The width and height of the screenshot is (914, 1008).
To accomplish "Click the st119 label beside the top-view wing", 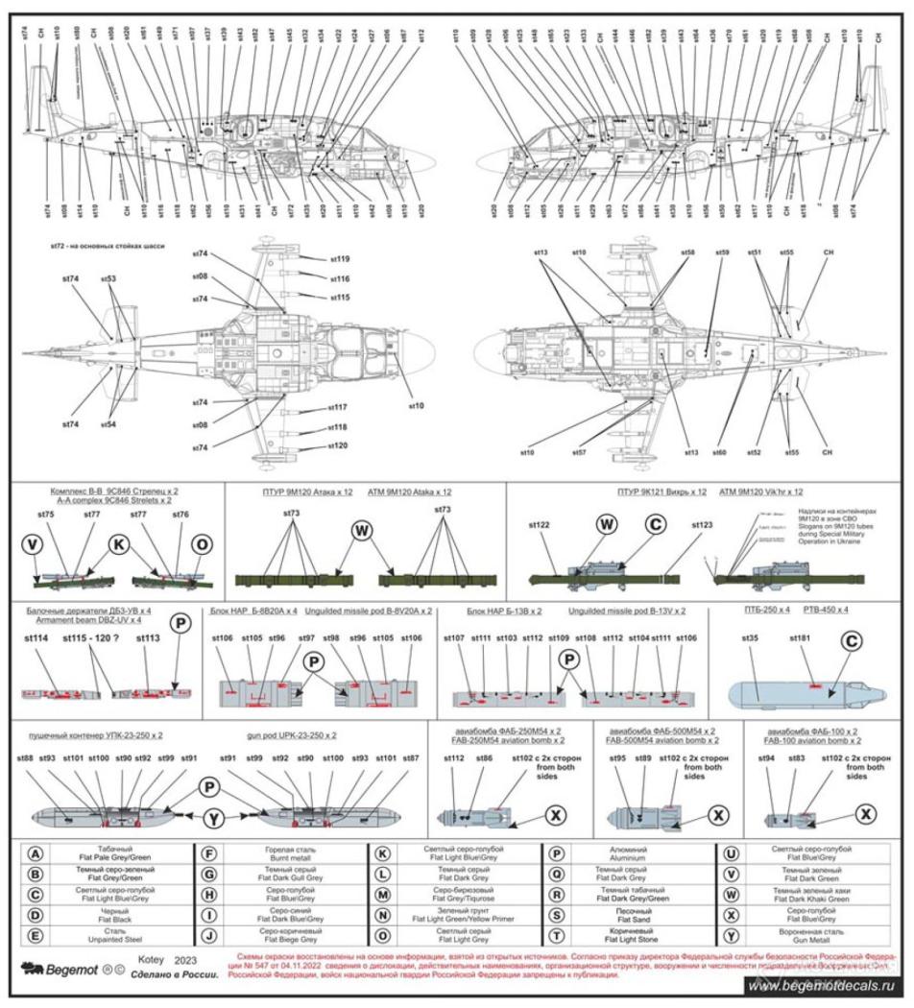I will point(338,259).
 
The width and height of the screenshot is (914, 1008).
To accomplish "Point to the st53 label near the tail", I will point(108,277).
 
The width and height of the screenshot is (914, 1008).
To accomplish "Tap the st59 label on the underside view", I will point(721,252).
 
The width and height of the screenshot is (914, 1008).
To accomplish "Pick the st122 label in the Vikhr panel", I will point(541,525).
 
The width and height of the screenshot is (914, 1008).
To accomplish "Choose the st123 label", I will point(704,525).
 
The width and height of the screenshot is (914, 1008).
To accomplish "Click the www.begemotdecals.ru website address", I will point(821,986).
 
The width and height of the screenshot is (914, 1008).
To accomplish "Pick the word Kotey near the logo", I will point(153,959).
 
